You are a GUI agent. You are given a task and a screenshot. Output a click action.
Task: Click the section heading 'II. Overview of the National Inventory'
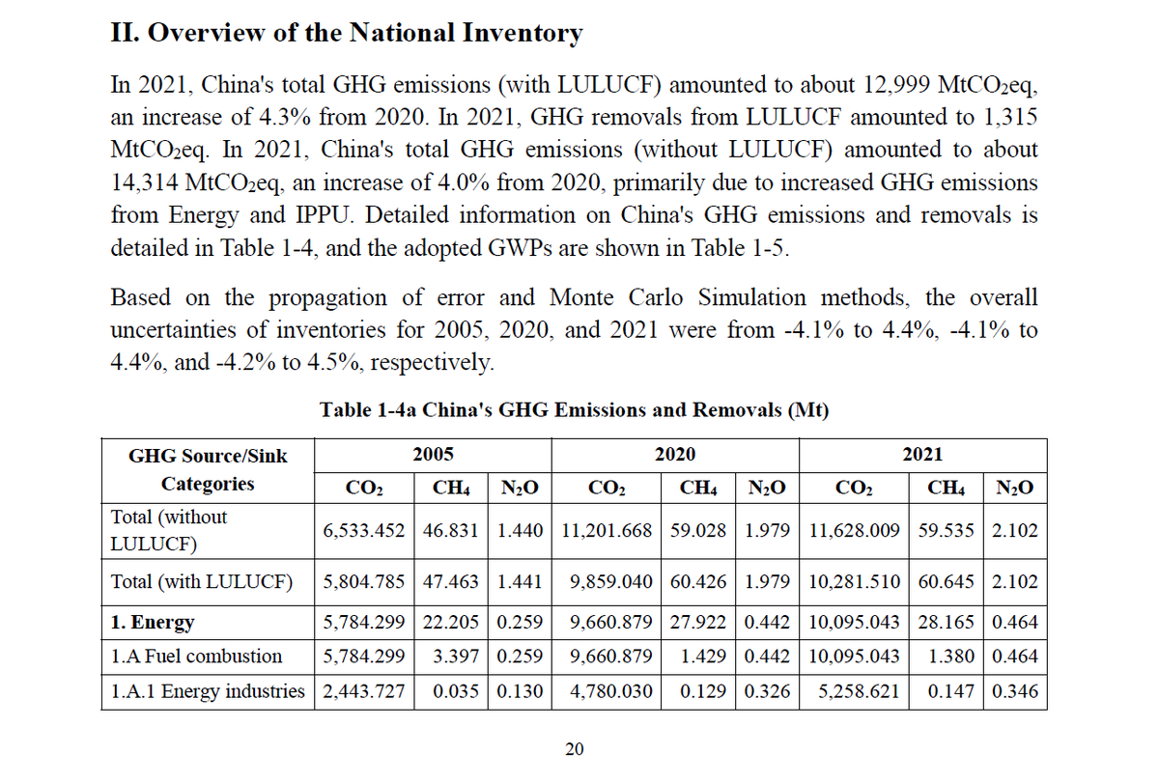coord(347,34)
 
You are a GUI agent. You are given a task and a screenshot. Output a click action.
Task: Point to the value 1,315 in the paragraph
coord(1007,117)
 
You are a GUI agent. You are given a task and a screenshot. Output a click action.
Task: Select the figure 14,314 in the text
coord(143,182)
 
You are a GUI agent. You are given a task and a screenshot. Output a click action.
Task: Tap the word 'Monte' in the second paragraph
coord(586,297)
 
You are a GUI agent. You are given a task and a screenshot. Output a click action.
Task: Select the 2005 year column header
coord(433,455)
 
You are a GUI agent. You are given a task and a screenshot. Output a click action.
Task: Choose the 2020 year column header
coord(674,455)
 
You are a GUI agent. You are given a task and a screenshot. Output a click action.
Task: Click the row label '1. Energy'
coord(153,623)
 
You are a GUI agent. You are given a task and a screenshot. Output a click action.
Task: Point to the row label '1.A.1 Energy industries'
coord(208,691)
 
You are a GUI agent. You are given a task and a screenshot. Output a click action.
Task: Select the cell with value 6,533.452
coord(365,530)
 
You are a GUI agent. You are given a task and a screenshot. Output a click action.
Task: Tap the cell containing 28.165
coord(946,623)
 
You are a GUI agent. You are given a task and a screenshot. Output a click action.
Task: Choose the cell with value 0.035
coord(461,691)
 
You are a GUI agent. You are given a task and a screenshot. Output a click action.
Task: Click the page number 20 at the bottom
coord(574,749)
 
